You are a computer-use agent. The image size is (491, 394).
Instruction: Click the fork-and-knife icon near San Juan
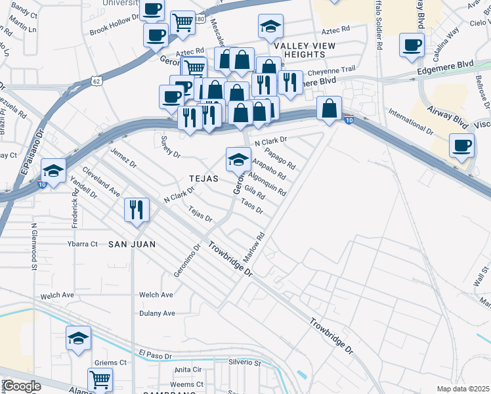pos(137,210)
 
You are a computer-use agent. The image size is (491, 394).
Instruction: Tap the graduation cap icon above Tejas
pos(238,158)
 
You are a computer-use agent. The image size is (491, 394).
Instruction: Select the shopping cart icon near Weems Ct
pos(100,379)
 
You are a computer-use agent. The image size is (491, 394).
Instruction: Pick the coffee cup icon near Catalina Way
pos(412,45)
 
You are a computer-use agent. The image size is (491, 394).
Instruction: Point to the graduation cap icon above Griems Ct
pos(78,338)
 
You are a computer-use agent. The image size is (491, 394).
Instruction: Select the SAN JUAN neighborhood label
pos(132,244)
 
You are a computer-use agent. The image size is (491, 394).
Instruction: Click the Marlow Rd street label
pos(254,248)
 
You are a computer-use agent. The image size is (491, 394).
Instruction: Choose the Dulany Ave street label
pos(157,313)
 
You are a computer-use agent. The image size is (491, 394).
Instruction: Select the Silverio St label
pos(244,362)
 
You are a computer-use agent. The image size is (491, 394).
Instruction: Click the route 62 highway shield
pos(96,81)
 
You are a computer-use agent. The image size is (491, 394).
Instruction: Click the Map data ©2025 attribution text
pos(463,389)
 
